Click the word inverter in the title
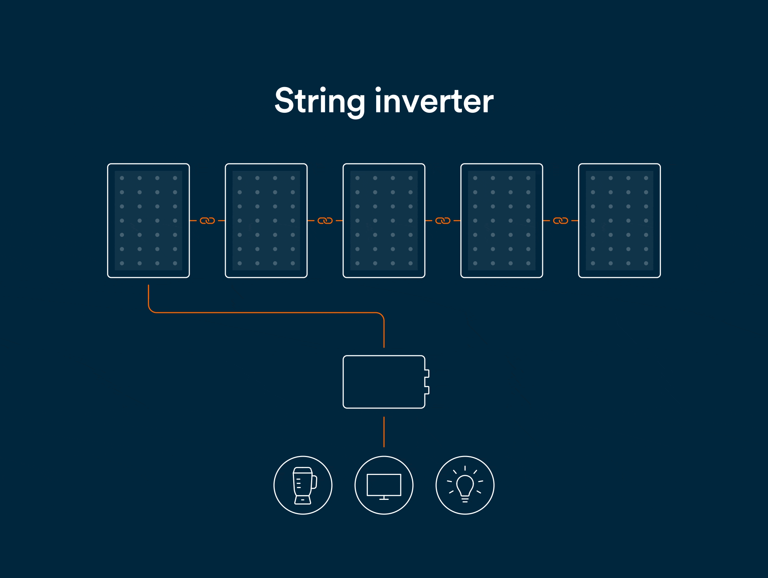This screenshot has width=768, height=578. pyautogui.click(x=434, y=101)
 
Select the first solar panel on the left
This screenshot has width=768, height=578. pyautogui.click(x=148, y=220)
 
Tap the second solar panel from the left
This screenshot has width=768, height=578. pyautogui.click(x=266, y=220)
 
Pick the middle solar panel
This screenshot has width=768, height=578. pyautogui.click(x=384, y=220)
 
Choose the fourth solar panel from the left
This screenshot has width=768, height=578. pyautogui.click(x=502, y=220)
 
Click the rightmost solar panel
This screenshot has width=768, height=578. pyautogui.click(x=619, y=220)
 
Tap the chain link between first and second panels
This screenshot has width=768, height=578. pyautogui.click(x=207, y=221)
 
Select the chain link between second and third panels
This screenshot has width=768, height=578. pyautogui.click(x=325, y=221)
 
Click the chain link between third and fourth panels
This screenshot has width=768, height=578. pyautogui.click(x=443, y=221)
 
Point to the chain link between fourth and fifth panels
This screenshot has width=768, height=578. pyautogui.click(x=560, y=221)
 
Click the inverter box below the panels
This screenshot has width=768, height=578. pyautogui.click(x=384, y=382)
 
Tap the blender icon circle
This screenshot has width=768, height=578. pyautogui.click(x=303, y=485)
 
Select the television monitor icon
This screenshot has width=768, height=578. pyautogui.click(x=384, y=485)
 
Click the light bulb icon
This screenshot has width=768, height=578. pyautogui.click(x=465, y=485)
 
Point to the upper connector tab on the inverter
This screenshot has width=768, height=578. pyautogui.click(x=427, y=374)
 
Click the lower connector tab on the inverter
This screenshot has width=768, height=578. pyautogui.click(x=427, y=390)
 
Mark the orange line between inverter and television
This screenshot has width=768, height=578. pyautogui.click(x=384, y=432)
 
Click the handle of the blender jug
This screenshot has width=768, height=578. pyautogui.click(x=314, y=482)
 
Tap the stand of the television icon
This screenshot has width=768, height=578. pyautogui.click(x=384, y=498)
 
